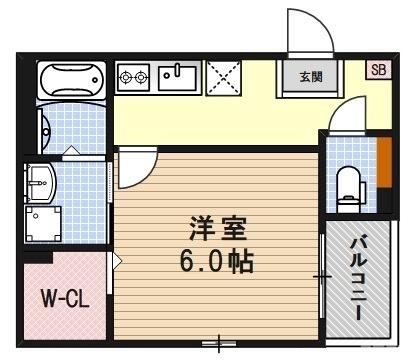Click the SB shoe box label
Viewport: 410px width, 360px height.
pyautogui.click(x=377, y=69)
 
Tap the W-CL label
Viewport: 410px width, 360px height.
pyautogui.click(x=61, y=299)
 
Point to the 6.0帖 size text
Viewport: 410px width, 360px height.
pyautogui.click(x=214, y=262)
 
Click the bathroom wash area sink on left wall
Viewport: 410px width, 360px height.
pyautogui.click(x=45, y=128)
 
